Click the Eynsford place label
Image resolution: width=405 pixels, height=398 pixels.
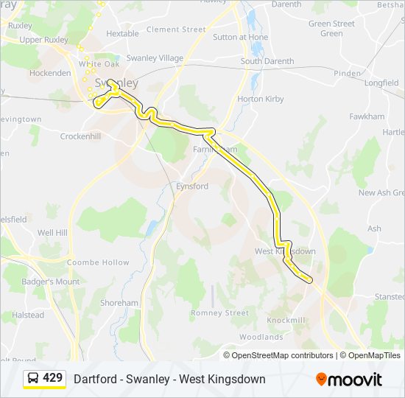[x=191, y=186]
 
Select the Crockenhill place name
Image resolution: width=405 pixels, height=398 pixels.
[x=80, y=136]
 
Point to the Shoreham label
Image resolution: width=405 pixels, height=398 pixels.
[x=119, y=303]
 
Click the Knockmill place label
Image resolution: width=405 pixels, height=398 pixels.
[x=286, y=321]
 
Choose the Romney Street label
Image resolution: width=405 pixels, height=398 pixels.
[x=219, y=313]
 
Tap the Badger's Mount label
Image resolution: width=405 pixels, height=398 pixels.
[x=51, y=282]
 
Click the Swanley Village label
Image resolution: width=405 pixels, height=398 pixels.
[x=155, y=57]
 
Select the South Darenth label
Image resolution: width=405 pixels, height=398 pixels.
[x=267, y=62]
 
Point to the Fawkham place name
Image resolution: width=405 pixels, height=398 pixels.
[x=367, y=116]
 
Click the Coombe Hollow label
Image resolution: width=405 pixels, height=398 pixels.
[x=98, y=262]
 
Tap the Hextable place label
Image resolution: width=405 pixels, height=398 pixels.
[x=122, y=34]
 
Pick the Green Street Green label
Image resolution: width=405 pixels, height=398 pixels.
[x=331, y=29]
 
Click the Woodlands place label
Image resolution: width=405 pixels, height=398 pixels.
[x=261, y=337]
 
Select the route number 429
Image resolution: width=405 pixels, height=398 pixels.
[x=52, y=378]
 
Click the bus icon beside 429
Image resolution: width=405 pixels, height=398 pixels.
[x=33, y=379]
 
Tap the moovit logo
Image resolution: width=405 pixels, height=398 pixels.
[x=349, y=379]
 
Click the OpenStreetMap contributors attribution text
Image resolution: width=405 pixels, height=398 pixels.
[x=282, y=355]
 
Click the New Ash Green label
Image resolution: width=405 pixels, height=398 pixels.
[x=381, y=193]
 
